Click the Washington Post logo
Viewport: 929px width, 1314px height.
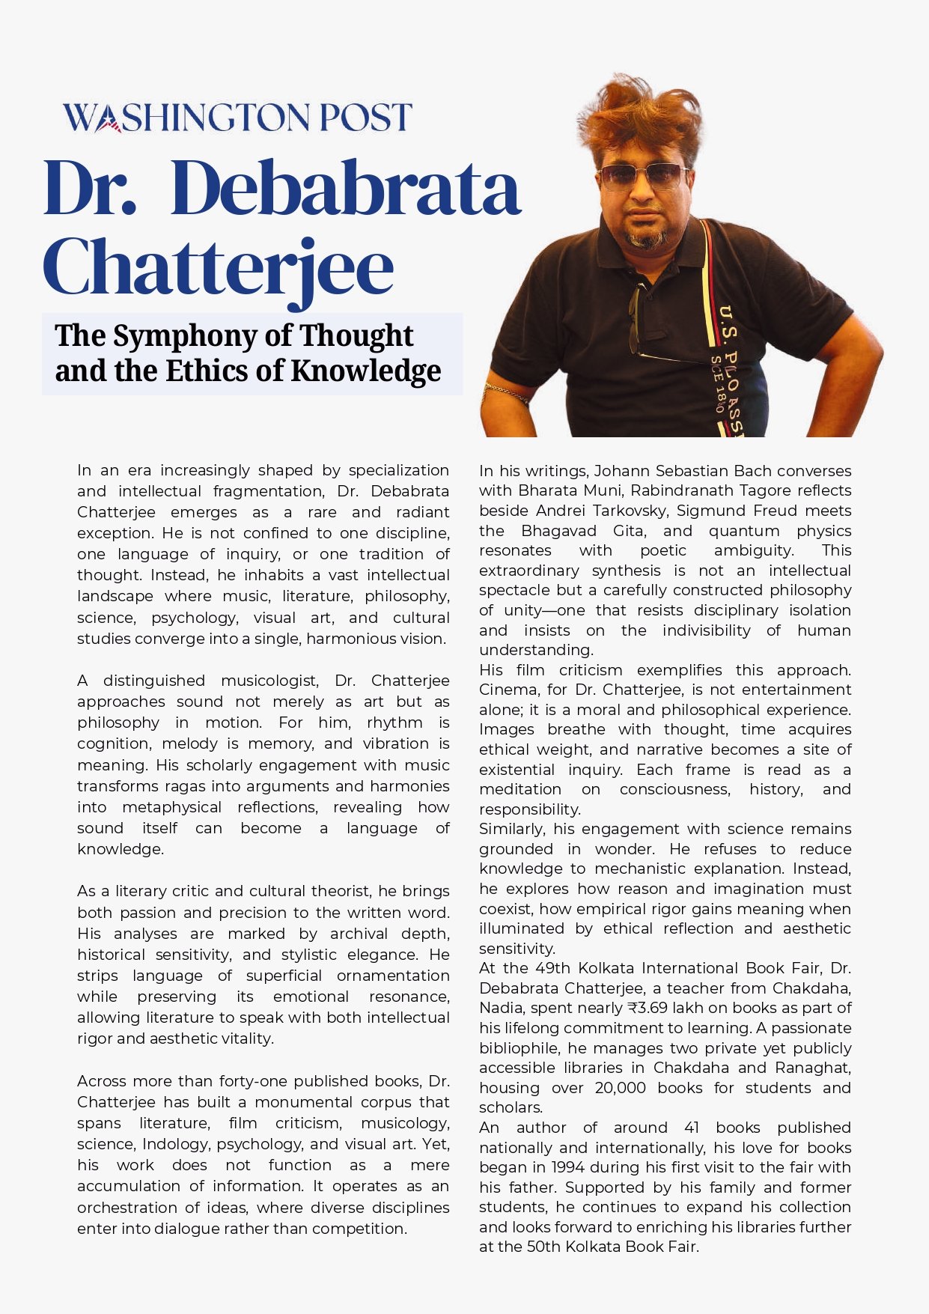pyautogui.click(x=237, y=118)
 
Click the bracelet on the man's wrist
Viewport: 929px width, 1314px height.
pyautogui.click(x=506, y=392)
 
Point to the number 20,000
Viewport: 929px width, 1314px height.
pyautogui.click(x=620, y=1087)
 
